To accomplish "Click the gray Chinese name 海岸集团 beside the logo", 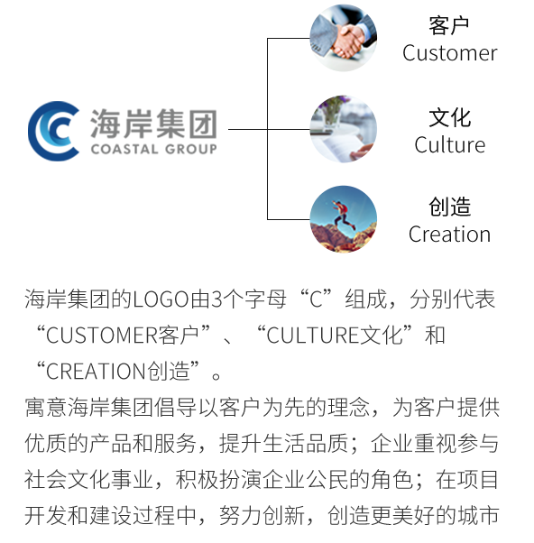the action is pos(153,124).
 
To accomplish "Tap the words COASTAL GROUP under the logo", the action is pos(153,149).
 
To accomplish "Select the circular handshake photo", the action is pos(343,38).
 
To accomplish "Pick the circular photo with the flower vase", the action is pos(343,129).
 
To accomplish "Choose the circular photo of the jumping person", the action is pos(343,219).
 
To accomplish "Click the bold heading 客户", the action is pos(449,25).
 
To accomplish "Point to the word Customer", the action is pos(450,53).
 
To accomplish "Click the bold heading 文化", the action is pos(450,118).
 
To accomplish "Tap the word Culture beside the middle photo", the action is pos(450,144).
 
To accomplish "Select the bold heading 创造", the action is pos(450,207).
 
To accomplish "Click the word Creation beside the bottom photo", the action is pos(449,235).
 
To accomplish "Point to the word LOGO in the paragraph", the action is pos(161,299).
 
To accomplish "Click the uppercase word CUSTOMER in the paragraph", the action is pos(102,336).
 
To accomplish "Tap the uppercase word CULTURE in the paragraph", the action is pos(313,336).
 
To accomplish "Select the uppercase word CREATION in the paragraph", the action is pos(96,372).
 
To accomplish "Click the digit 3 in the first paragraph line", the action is pos(216,299).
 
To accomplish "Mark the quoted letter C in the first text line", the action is pos(317,299).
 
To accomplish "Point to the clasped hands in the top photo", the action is pos(348,41).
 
